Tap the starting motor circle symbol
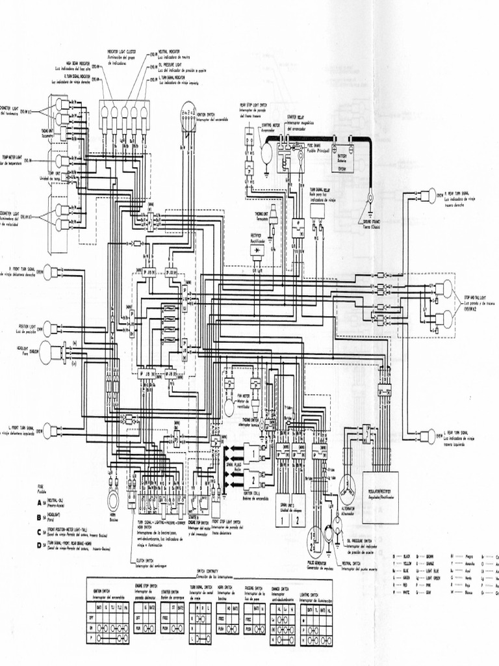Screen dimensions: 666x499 coord(266,152)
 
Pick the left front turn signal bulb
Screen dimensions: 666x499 coord(49,431)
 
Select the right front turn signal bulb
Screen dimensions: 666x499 coord(49,272)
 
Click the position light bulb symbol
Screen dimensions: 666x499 coord(49,328)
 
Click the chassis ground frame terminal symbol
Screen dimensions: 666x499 coord(370,196)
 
